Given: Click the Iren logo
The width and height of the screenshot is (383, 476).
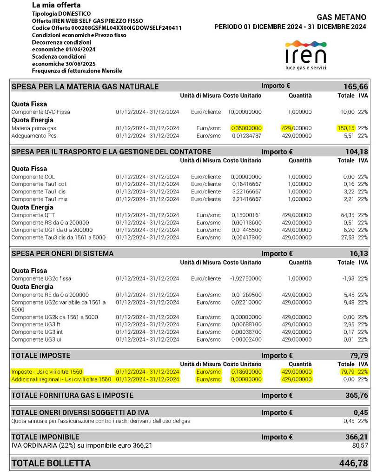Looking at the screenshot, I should tap(305, 55).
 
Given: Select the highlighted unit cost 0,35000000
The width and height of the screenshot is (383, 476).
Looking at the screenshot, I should tap(246, 128).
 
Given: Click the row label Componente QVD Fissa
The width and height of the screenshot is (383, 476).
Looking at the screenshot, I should tap(40, 112).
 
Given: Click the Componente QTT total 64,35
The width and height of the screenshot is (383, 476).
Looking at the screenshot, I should tap(347, 215).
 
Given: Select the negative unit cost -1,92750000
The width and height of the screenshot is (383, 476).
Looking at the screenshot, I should tap(246, 278).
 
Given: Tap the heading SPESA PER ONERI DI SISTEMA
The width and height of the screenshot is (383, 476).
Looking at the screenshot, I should tap(63, 253).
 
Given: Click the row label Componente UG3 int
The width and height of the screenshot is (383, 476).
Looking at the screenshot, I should tap(37, 332).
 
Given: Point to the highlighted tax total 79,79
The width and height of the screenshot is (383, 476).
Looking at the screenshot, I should tap(347, 372).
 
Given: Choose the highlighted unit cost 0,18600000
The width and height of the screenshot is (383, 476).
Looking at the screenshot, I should tap(246, 372).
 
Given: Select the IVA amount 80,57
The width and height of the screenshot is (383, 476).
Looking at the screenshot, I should tap(359, 445).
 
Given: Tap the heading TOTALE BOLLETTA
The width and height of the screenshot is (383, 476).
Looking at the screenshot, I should tap(51, 463).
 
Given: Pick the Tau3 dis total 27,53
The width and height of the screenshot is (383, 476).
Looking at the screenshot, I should tap(347, 238).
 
